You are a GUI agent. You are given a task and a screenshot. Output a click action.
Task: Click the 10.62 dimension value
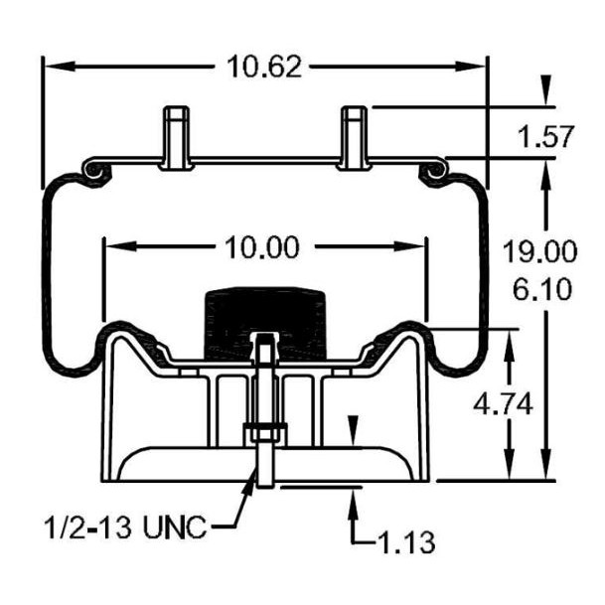pyautogui.click(x=264, y=67)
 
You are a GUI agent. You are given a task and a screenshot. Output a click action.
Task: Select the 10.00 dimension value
pyautogui.click(x=262, y=247)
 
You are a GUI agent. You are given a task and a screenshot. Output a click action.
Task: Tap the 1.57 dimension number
pyautogui.click(x=545, y=136)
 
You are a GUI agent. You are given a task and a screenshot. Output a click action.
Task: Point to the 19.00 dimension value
pyautogui.click(x=539, y=251)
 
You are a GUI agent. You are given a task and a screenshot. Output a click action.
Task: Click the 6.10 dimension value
pyautogui.click(x=542, y=289)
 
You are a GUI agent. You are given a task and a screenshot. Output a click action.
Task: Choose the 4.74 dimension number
pyautogui.click(x=503, y=404)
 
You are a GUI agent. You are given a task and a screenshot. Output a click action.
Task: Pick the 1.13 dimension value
pyautogui.click(x=407, y=542)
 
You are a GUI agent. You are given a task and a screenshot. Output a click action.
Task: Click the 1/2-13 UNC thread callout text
pyautogui.click(x=125, y=528)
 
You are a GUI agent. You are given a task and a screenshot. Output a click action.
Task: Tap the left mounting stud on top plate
pyautogui.click(x=176, y=138)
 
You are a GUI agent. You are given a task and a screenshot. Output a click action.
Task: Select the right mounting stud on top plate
pyautogui.click(x=355, y=138)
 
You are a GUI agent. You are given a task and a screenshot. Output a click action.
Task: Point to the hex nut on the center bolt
pyautogui.click(x=265, y=433)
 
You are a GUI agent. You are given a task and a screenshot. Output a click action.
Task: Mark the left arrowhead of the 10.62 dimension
pyautogui.click(x=59, y=67)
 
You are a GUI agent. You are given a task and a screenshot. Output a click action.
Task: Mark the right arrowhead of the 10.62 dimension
pyautogui.click(x=470, y=67)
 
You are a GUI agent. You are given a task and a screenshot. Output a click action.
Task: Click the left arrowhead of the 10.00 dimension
pyautogui.click(x=121, y=246)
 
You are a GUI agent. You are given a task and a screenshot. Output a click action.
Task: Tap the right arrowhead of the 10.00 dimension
pyautogui.click(x=409, y=246)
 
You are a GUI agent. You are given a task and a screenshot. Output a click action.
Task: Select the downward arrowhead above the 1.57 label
pyautogui.click(x=545, y=89)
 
